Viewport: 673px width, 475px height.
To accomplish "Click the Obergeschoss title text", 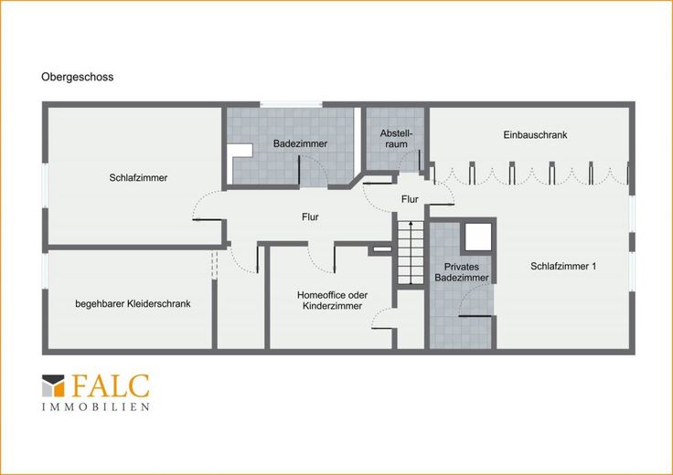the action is tap(77, 77).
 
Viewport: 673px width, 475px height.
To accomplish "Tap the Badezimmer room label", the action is tap(301, 143).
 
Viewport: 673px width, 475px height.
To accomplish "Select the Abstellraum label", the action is tap(396, 139).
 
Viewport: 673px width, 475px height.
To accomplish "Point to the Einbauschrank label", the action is tap(535, 134).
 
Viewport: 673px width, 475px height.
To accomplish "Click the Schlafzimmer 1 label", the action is tap(563, 266).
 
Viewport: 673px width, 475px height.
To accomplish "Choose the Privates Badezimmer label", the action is tap(462, 272).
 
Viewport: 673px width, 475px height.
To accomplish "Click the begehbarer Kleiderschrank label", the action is tap(134, 303).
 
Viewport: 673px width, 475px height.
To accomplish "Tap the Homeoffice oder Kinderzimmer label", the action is tap(332, 301).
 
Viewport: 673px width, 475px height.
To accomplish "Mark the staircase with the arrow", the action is tap(411, 252).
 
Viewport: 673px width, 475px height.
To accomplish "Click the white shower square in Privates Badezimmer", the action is tap(478, 237).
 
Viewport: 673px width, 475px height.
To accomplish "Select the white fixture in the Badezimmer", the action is tap(240, 151).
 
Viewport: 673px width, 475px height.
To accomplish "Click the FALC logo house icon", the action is tap(53, 385).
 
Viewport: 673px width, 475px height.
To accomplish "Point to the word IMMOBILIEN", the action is tap(96, 406).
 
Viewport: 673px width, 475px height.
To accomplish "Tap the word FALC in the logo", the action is tap(111, 385).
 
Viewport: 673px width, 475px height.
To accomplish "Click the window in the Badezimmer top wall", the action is tap(291, 104).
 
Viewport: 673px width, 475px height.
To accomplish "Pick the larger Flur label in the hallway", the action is tap(310, 216).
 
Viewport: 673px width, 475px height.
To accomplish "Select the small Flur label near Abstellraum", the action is tap(410, 199).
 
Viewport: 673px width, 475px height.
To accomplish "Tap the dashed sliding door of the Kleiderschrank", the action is tap(214, 265).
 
